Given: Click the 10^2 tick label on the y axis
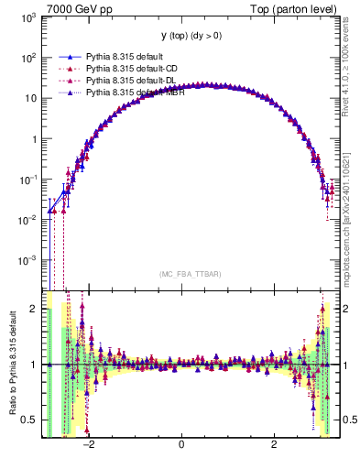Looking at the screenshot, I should pyautogui.click(x=27, y=58).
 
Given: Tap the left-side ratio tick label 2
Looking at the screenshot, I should pyautogui.click(x=34, y=309).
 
